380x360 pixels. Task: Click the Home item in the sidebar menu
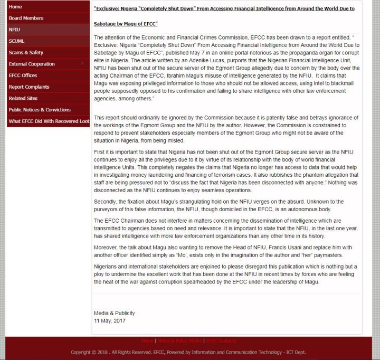point(15,7)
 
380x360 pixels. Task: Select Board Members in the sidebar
point(26,18)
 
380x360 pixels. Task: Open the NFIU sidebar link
point(14,30)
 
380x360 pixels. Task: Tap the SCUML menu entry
point(16,41)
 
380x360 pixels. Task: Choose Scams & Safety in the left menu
point(26,53)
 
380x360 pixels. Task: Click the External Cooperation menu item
point(32,64)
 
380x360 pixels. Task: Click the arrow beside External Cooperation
point(82,64)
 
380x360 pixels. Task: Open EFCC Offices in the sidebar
point(23,75)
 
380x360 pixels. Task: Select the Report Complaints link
point(29,87)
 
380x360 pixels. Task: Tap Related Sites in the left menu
point(23,98)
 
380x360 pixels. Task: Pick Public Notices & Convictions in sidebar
point(40,110)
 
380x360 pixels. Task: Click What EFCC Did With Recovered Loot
point(49,121)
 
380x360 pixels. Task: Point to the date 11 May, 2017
point(110,320)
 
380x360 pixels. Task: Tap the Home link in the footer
point(147,341)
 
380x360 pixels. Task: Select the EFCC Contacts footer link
point(222,341)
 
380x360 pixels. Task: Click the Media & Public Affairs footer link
point(179,341)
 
